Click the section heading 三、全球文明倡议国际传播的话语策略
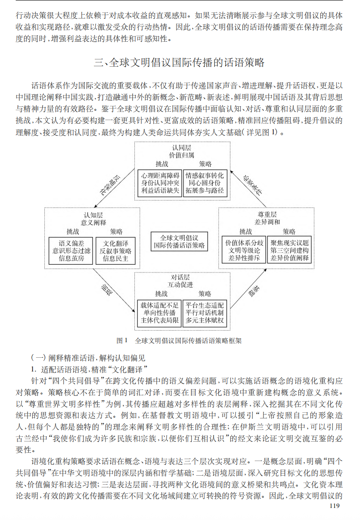coord(179,63)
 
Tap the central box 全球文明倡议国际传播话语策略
coord(180,242)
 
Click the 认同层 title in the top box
coord(179,148)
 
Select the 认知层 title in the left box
coord(92,214)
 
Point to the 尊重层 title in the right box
coord(267,214)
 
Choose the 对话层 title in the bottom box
coord(179,277)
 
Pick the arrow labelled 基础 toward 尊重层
coord(250,292)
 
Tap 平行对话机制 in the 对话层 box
coord(205,313)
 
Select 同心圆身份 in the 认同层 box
coord(205,183)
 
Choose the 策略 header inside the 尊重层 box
coord(289,232)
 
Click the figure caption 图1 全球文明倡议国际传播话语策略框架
coord(179,340)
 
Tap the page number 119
coord(334,505)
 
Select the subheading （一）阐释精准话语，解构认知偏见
coord(88,358)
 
